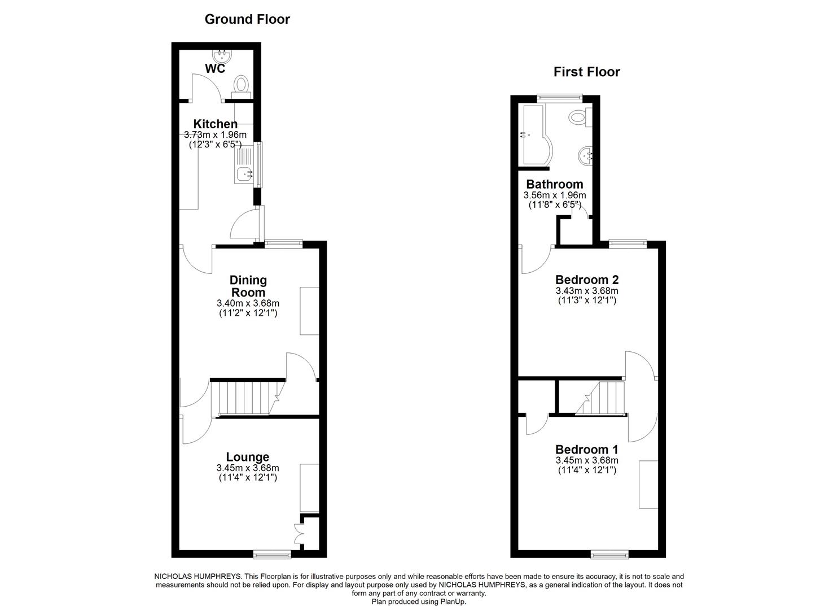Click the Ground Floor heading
coord(247,19)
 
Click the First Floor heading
coord(586,72)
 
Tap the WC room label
coord(215,69)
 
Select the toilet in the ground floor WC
coord(242,85)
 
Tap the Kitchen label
coord(215,124)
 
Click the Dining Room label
coord(248,286)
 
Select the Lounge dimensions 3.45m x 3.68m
coord(248,468)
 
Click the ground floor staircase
coord(243,398)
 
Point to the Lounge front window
coord(272,555)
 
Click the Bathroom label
coord(554,184)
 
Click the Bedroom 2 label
coord(587,280)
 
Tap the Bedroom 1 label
coord(587,450)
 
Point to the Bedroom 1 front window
coord(609,555)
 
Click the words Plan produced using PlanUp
coord(419,602)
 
